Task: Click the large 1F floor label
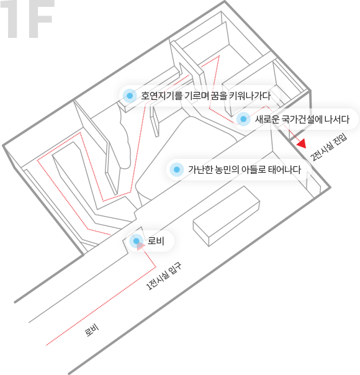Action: click(27, 19)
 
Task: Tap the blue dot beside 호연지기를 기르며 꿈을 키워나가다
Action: click(130, 96)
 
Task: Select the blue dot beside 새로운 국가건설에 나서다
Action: click(243, 119)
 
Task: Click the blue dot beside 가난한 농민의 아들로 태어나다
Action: click(177, 169)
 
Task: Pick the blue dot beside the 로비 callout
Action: click(137, 241)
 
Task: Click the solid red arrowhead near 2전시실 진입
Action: click(302, 143)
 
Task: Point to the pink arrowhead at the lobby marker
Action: click(141, 246)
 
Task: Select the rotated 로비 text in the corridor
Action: click(92, 330)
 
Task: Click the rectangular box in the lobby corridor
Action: click(227, 216)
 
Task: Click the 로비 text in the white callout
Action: click(156, 241)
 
